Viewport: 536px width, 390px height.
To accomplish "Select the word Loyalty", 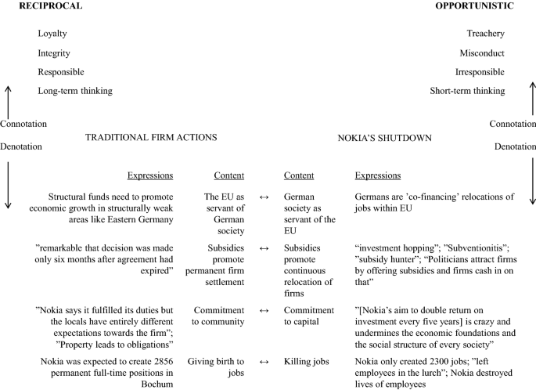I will click(x=53, y=34).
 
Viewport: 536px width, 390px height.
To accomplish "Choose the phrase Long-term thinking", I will click(x=75, y=91).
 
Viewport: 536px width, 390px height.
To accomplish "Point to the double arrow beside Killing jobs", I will click(x=264, y=362).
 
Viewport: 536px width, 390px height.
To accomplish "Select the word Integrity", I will click(x=55, y=53).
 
